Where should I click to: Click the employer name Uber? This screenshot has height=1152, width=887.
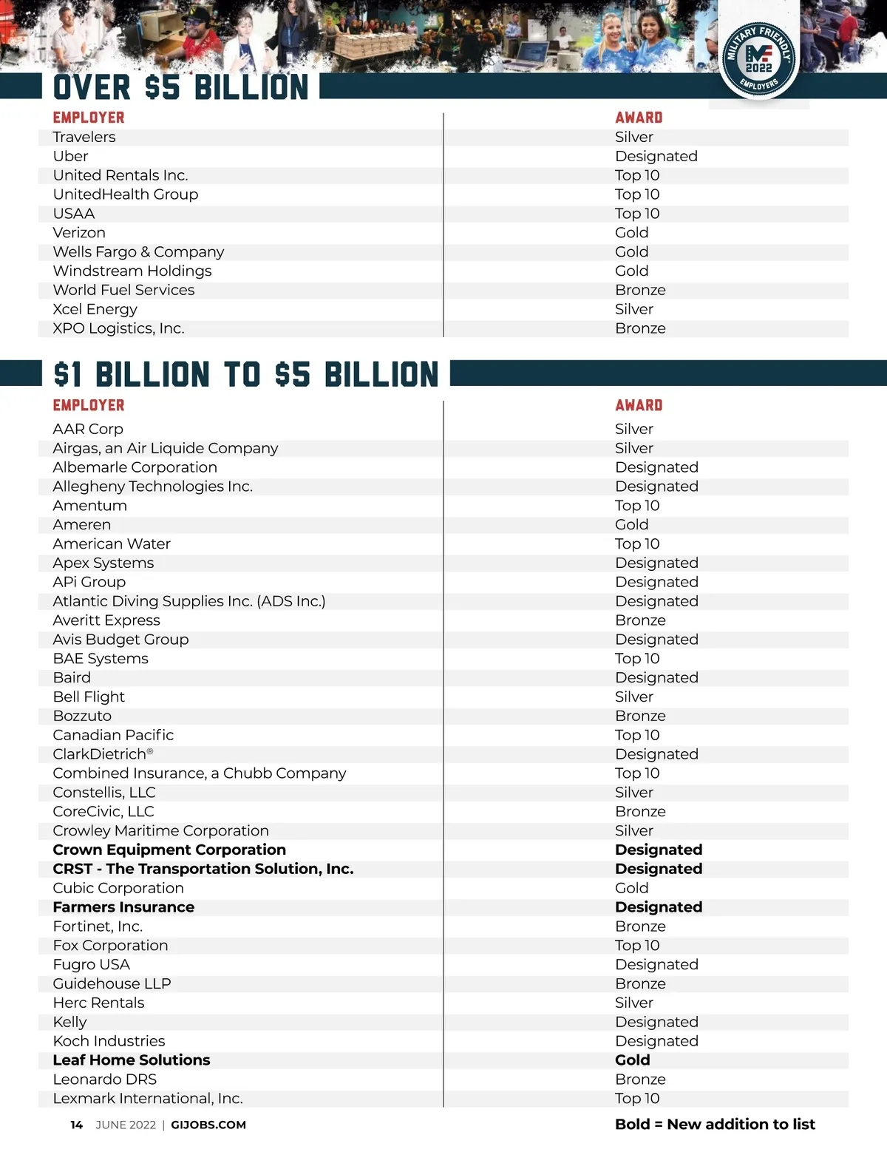tap(70, 156)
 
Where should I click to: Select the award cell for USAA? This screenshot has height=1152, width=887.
tap(637, 214)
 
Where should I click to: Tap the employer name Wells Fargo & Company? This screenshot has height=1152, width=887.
tap(138, 252)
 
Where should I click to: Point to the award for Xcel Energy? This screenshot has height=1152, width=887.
tap(634, 309)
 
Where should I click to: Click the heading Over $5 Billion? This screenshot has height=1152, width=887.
tap(181, 87)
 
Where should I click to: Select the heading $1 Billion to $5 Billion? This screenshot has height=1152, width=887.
tap(246, 374)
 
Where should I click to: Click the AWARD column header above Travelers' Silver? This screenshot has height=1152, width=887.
tap(639, 118)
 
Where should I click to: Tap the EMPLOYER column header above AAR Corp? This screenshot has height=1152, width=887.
tap(89, 405)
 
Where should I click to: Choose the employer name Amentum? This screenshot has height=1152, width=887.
tap(90, 506)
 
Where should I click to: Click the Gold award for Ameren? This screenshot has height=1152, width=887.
tap(632, 525)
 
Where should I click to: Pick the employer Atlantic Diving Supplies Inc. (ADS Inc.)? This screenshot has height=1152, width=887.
tap(189, 601)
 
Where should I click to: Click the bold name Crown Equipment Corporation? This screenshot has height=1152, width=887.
tap(169, 850)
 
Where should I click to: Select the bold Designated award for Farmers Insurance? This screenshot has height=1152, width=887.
tap(659, 907)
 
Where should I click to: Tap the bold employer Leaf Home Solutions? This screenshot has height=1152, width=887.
tap(132, 1060)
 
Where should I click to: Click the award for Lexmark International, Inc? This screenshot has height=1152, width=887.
tap(637, 1099)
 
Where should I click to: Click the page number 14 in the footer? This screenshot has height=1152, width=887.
tap(77, 1125)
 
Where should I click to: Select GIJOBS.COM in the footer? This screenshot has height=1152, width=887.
tap(208, 1125)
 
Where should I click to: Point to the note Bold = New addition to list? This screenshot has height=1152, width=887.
tap(715, 1124)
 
